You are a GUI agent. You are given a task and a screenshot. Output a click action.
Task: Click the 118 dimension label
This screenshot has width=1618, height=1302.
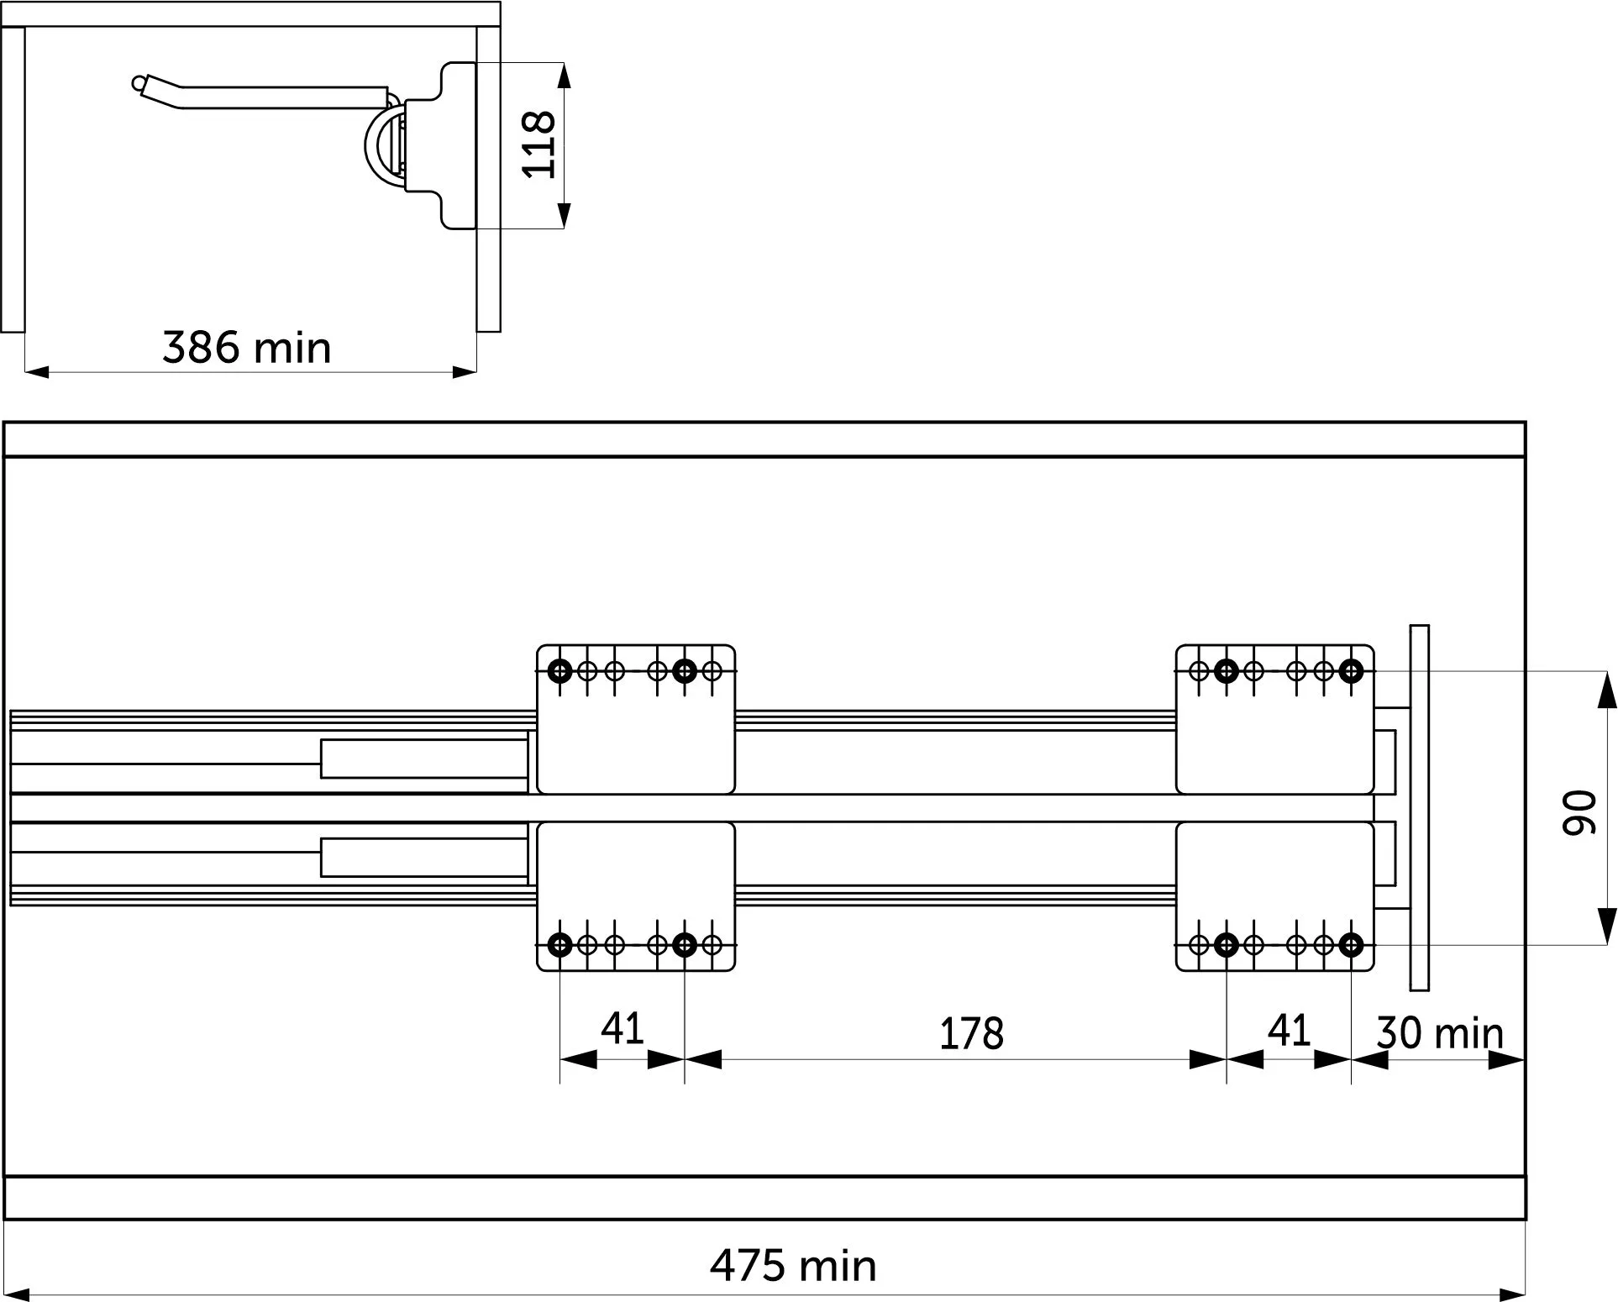pyautogui.click(x=538, y=144)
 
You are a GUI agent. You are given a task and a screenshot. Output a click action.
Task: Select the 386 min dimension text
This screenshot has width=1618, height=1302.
pyautogui.click(x=246, y=347)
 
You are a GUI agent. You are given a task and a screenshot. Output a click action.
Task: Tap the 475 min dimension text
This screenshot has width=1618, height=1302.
pyautogui.click(x=793, y=1265)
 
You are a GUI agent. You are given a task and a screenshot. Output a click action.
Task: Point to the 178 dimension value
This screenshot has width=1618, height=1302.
pyautogui.click(x=971, y=1033)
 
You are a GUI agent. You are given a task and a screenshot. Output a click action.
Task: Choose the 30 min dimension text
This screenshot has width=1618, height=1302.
pyautogui.click(x=1440, y=1032)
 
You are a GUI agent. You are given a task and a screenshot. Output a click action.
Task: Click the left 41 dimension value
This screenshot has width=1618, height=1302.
pyautogui.click(x=623, y=1028)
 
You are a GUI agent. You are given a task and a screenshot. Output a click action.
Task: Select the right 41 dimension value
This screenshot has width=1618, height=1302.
pyautogui.click(x=1289, y=1030)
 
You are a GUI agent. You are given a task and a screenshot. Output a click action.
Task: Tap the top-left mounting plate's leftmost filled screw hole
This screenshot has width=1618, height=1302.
pyautogui.click(x=560, y=671)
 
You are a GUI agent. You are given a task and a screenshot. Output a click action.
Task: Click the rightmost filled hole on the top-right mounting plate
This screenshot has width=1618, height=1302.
pyautogui.click(x=1351, y=671)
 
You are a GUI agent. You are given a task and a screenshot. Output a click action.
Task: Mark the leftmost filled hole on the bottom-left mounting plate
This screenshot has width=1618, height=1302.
pyautogui.click(x=560, y=945)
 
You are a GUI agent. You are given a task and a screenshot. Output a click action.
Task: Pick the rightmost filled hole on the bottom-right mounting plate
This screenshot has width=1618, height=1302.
pyautogui.click(x=1351, y=946)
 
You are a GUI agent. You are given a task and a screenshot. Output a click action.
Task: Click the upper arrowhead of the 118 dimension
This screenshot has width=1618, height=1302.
pyautogui.click(x=565, y=75)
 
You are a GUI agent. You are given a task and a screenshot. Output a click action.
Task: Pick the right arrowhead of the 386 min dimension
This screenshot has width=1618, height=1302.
pyautogui.click(x=465, y=371)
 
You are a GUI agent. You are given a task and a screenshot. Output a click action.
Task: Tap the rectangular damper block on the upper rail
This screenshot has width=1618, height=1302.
pyautogui.click(x=424, y=759)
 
